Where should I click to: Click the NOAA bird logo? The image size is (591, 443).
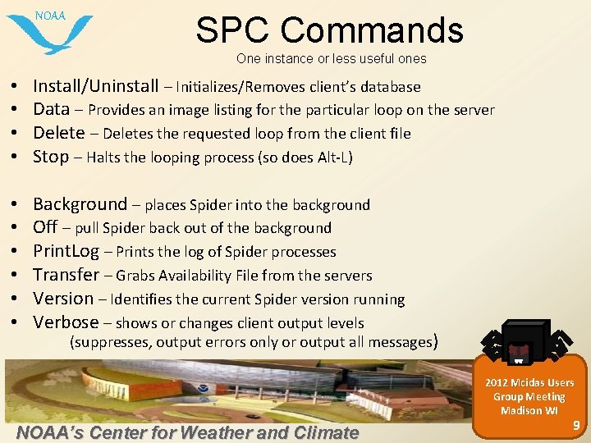point(49,31)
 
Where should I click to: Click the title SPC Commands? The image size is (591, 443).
point(329,30)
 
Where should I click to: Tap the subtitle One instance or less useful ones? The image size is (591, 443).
point(331,58)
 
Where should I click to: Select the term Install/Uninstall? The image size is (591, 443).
point(96,86)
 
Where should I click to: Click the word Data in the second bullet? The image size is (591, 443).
point(51,109)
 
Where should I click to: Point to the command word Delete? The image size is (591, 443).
point(58,133)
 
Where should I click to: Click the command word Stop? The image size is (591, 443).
point(51,157)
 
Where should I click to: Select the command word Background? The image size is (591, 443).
point(80,204)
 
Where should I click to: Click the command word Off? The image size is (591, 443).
point(45,227)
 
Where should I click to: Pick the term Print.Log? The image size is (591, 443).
point(66,251)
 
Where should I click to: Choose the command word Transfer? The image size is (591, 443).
point(66,275)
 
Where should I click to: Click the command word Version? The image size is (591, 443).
point(63,299)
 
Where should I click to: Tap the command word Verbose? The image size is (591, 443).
point(66,322)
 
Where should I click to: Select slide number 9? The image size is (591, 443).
point(575,424)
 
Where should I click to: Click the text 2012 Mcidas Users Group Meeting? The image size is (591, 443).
point(529,390)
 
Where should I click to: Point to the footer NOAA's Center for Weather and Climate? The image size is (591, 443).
point(187,432)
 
